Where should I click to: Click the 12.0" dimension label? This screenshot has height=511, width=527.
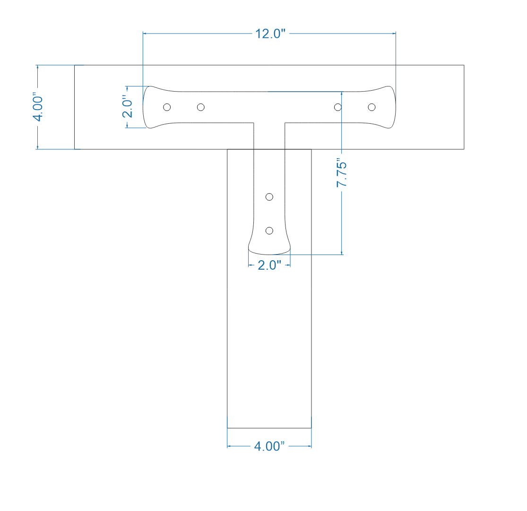(x=270, y=34)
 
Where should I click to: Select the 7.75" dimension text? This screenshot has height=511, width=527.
(x=342, y=174)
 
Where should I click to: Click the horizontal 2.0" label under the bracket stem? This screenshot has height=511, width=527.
(x=269, y=265)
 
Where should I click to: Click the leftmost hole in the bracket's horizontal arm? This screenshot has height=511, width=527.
(x=167, y=107)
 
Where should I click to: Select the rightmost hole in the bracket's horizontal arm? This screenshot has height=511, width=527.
(x=371, y=107)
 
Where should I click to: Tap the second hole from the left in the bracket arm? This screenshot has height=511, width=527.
(x=201, y=107)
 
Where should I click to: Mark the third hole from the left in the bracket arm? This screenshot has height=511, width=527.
(x=337, y=107)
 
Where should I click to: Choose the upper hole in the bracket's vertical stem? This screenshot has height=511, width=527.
(x=269, y=196)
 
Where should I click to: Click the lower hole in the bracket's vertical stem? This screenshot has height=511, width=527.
(x=269, y=230)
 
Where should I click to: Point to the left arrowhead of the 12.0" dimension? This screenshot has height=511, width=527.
(x=145, y=34)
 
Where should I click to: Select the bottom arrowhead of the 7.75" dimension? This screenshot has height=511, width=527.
(x=342, y=252)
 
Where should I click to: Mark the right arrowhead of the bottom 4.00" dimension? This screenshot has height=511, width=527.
(x=309, y=446)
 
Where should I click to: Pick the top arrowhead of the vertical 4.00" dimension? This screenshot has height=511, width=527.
(x=37, y=67)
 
